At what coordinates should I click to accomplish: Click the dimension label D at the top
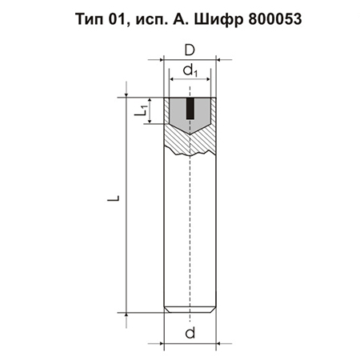tap(190, 50)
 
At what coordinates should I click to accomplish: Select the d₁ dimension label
tap(190, 70)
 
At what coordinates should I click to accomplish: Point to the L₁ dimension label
tap(141, 110)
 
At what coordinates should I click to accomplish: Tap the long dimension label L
tap(114, 198)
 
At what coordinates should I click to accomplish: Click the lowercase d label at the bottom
tap(190, 333)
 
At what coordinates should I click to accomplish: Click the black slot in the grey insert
tap(190, 109)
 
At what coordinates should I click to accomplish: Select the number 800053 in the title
tap(275, 19)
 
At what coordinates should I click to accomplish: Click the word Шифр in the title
tap(218, 20)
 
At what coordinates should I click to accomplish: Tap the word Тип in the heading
tap(90, 19)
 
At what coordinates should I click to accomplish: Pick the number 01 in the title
tap(117, 19)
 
